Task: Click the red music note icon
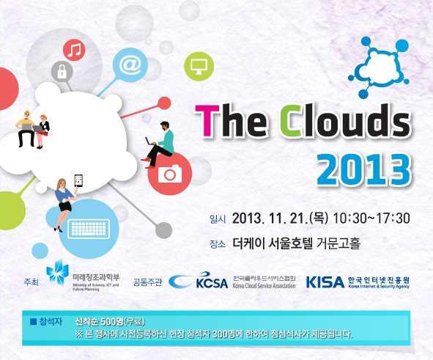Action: [75, 49]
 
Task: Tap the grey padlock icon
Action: [60, 72]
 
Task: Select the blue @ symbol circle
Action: [130, 65]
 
